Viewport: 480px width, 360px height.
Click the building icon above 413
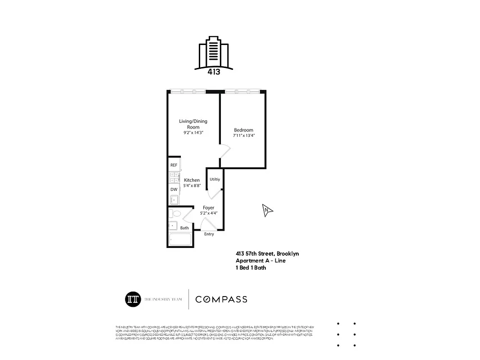pyautogui.click(x=214, y=53)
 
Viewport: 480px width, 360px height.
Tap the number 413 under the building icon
pyautogui.click(x=214, y=72)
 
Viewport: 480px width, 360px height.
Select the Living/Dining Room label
pyautogui.click(x=193, y=124)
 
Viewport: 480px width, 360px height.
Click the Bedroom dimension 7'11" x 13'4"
pyautogui.click(x=244, y=135)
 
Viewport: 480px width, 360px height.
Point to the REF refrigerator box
pyautogui.click(x=174, y=165)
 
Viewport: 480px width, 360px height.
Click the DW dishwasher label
pyautogui.click(x=174, y=189)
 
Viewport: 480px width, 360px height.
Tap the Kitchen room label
pyautogui.click(x=192, y=180)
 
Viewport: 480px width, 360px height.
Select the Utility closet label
pyautogui.click(x=215, y=179)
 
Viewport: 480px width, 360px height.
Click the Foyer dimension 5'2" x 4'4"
pyautogui.click(x=208, y=213)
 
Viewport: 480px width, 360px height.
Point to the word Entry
pyautogui.click(x=209, y=234)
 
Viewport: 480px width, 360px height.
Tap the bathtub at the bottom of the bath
pyautogui.click(x=180, y=239)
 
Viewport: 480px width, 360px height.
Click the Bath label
pyautogui.click(x=184, y=228)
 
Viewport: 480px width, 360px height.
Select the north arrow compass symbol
pyautogui.click(x=267, y=210)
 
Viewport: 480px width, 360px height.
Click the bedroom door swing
pyautogui.click(x=224, y=151)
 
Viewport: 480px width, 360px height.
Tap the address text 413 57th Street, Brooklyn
pyautogui.click(x=267, y=254)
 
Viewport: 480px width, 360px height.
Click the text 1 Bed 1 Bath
pyautogui.click(x=251, y=268)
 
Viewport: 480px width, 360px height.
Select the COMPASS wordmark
pyautogui.click(x=221, y=299)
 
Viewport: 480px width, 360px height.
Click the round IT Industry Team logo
pyautogui.click(x=133, y=299)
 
